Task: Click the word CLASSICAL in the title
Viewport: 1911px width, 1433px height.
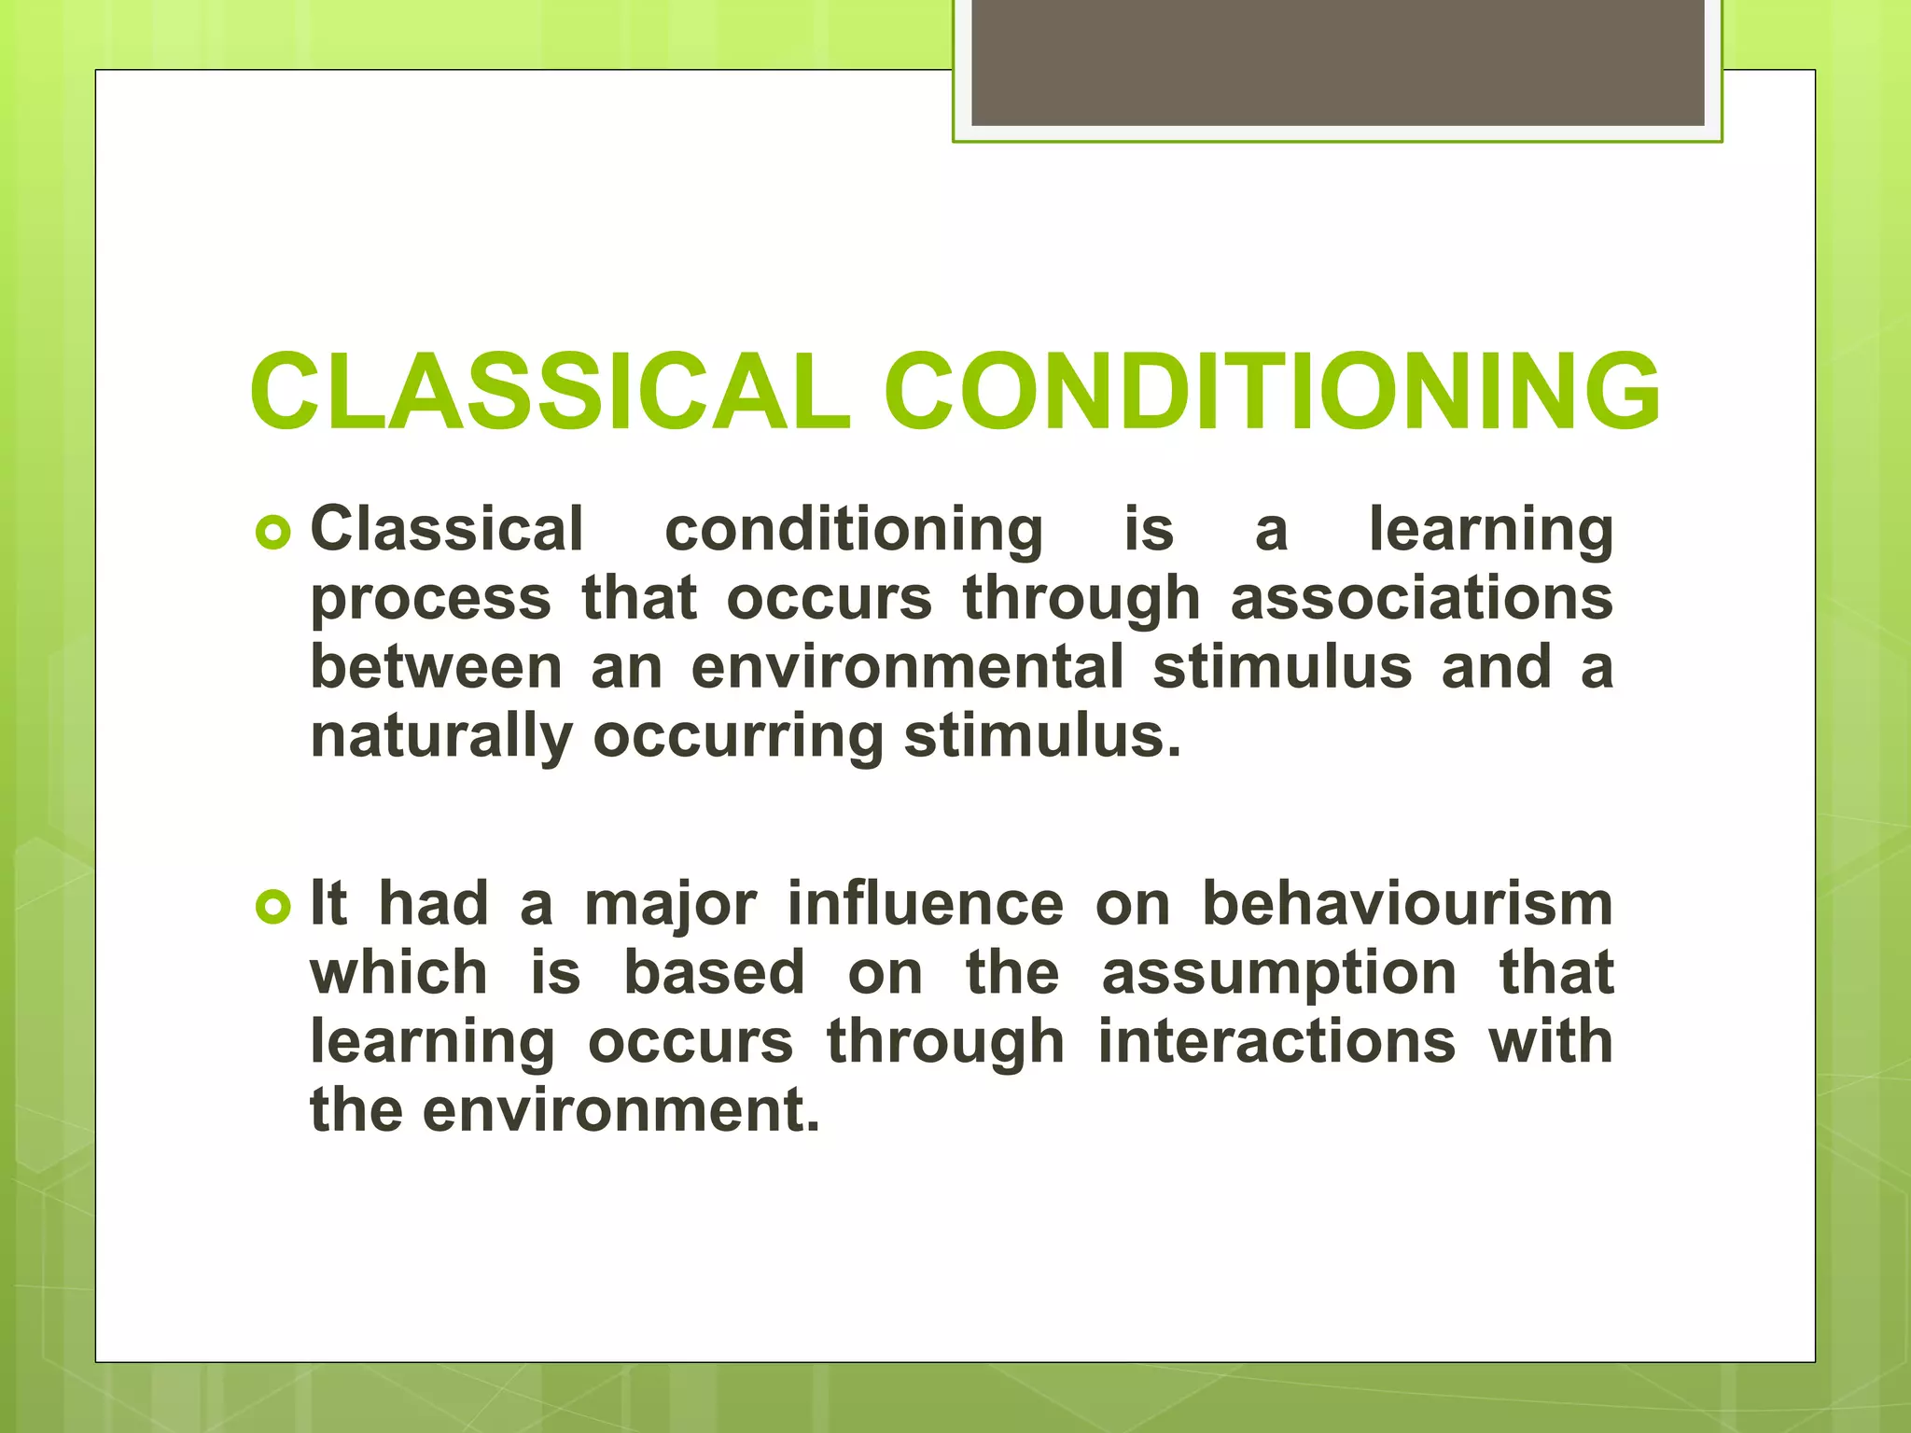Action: [550, 392]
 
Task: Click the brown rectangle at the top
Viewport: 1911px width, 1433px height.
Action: [1337, 62]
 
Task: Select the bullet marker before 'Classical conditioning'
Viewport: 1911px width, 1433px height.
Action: [272, 533]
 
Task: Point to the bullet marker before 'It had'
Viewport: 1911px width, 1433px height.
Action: [272, 906]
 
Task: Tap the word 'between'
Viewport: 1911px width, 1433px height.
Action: [437, 667]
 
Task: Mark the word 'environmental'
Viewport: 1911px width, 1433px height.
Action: [907, 667]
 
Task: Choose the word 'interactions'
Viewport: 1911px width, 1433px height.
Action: [1276, 1041]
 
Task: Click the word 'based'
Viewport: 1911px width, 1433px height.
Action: [714, 972]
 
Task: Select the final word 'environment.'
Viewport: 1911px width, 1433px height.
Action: [621, 1110]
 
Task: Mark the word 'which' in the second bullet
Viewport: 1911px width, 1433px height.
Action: [399, 972]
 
